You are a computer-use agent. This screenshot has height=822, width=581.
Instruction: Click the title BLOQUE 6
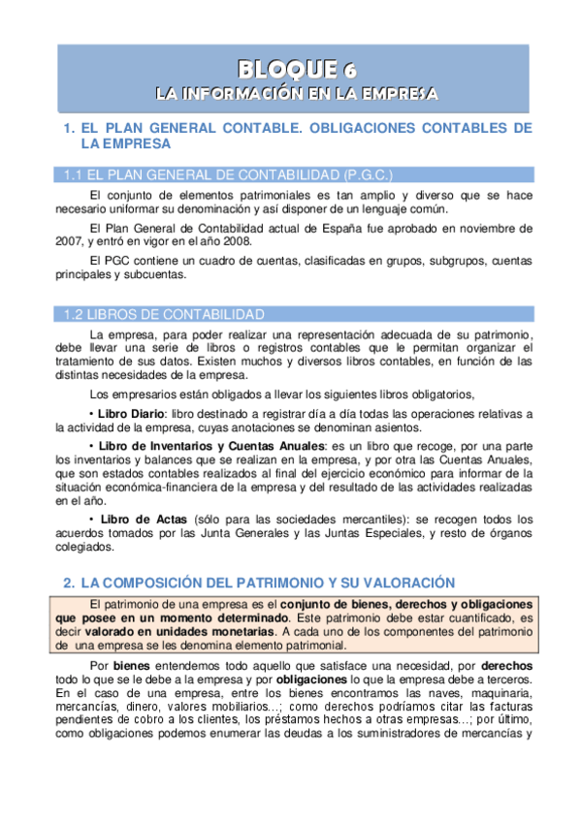298,68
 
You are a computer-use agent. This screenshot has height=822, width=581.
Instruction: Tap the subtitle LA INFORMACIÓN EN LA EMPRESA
298,94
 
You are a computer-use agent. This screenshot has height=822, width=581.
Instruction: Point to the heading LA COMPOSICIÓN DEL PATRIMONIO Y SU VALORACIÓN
268,583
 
